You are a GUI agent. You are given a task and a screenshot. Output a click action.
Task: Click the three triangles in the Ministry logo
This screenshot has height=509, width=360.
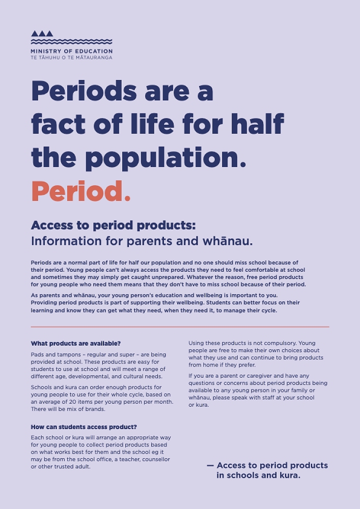42,34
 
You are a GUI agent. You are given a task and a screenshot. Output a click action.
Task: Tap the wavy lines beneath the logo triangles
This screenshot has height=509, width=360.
71,42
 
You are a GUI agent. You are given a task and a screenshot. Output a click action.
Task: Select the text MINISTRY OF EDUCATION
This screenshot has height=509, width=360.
71,51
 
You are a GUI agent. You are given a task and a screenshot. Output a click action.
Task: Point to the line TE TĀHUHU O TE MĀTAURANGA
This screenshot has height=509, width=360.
71,58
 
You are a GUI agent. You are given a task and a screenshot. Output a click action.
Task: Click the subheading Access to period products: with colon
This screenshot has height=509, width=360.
114,225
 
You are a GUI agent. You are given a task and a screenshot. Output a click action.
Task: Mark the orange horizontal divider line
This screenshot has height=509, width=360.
180,326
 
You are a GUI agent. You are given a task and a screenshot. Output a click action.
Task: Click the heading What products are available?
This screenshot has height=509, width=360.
76,344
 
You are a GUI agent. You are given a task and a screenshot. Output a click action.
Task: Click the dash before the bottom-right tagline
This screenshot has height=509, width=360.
210,466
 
